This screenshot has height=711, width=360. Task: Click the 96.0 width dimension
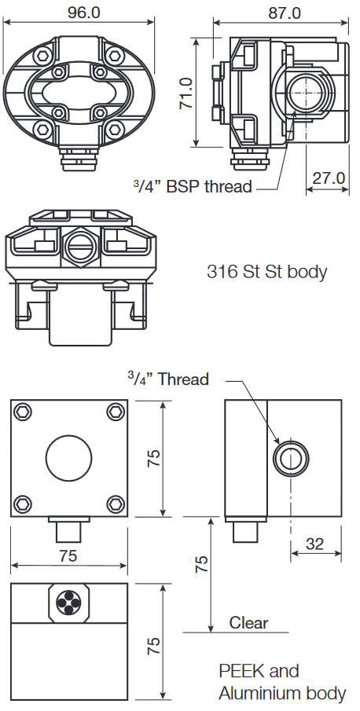(x=84, y=13)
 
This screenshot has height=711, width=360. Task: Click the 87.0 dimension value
(x=285, y=13)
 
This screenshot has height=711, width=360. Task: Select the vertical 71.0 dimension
(x=186, y=93)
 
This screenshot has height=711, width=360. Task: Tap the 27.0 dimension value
(x=329, y=178)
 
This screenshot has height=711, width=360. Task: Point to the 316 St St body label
(x=266, y=272)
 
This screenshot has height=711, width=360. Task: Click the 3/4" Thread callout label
(x=167, y=379)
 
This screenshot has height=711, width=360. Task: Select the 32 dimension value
(x=314, y=544)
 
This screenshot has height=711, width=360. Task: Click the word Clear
(x=248, y=622)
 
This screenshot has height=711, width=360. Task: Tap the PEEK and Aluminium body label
(x=282, y=682)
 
